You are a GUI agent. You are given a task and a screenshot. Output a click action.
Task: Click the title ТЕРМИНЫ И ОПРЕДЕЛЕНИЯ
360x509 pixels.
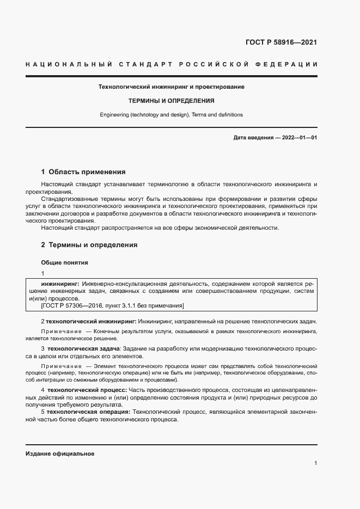pos(171,101)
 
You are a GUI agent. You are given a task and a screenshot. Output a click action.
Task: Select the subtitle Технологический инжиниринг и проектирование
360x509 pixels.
pos(171,87)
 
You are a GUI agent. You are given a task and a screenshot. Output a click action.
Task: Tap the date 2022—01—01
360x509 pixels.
pos(300,138)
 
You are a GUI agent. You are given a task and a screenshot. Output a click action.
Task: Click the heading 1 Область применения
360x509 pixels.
pos(83,171)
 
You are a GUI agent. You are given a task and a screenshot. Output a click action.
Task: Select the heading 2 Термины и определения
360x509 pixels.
pos(89,245)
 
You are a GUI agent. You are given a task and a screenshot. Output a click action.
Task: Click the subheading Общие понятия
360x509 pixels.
pos(64,262)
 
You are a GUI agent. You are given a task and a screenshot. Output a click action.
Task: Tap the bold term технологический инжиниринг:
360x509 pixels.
pos(90,321)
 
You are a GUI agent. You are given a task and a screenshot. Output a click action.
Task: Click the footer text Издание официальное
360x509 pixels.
pos(60,454)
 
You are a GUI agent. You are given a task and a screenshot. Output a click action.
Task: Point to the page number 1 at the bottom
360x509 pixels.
pos(315,463)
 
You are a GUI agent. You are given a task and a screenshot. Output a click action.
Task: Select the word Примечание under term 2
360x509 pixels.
pos(60,332)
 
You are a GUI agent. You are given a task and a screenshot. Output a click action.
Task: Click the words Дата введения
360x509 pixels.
pos(253,138)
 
